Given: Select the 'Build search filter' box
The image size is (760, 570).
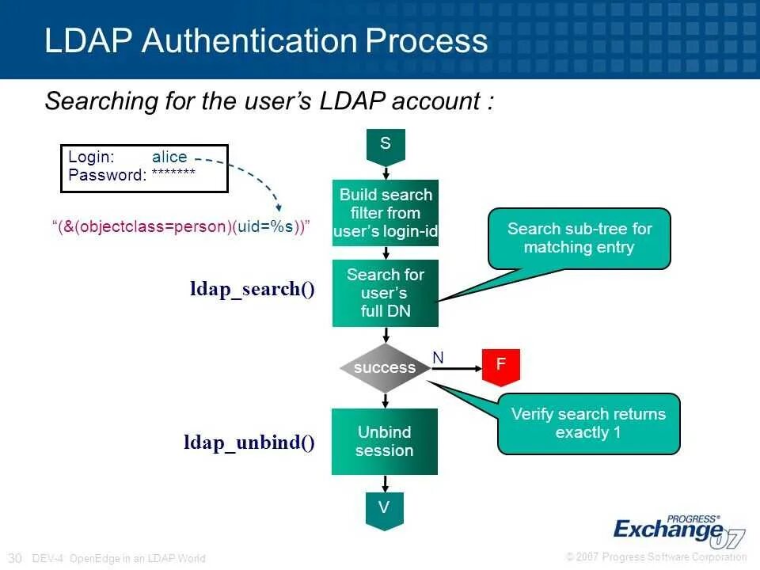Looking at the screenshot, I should tap(385, 213).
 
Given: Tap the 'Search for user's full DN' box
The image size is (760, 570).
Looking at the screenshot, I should tap(385, 293).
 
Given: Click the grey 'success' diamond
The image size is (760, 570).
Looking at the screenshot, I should tap(385, 367).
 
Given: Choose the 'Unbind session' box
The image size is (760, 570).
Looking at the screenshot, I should tap(385, 441).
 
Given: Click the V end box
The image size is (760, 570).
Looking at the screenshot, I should tap(385, 509).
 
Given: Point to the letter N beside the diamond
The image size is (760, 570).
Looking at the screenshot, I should tap(438, 358).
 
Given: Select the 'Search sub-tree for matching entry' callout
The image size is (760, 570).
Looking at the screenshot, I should tap(579, 238).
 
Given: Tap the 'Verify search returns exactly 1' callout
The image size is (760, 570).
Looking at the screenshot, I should tap(588, 424).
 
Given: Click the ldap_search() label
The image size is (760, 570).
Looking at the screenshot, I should tap(252, 289).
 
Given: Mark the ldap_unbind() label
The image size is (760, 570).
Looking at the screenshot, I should tap(249, 443).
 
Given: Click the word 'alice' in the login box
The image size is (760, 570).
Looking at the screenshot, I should tap(169, 157).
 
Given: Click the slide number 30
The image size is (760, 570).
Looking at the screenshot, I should tap(15, 557).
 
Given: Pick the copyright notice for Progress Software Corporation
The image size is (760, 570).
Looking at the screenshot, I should tap(656, 557).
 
